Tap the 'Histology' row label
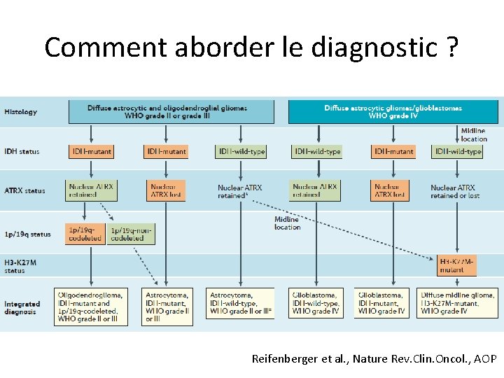click(21, 112)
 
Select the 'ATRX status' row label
click(24, 191)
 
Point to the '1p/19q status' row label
click(27, 234)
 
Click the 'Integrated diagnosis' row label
click(22, 308)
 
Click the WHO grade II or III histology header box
click(171, 112)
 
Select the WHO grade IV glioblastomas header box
click(393, 112)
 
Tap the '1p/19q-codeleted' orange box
click(85, 234)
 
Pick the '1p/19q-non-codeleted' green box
click(131, 234)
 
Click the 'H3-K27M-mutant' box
click(457, 265)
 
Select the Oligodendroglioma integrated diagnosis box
click(92, 307)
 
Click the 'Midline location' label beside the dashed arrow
click(287, 223)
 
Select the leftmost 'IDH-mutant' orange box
click(91, 151)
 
